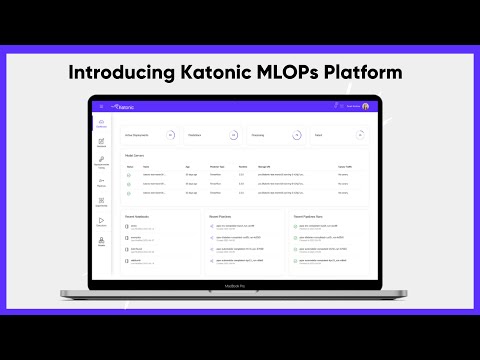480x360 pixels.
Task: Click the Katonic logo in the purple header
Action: click(x=123, y=106)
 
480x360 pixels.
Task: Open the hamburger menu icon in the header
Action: click(x=101, y=106)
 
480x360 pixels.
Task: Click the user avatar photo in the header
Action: click(x=365, y=106)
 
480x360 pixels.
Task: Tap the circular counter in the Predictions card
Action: click(x=232, y=134)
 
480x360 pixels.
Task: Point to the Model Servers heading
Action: click(x=136, y=155)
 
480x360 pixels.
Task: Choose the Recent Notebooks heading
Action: click(x=138, y=215)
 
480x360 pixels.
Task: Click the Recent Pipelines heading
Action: click(x=220, y=215)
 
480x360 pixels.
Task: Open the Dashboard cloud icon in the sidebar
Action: click(x=101, y=123)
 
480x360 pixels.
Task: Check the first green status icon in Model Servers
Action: click(x=129, y=175)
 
